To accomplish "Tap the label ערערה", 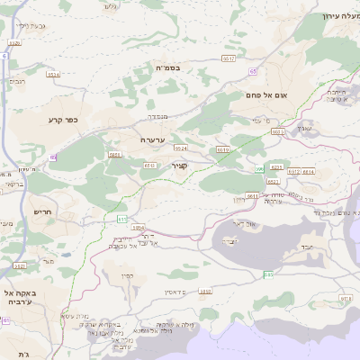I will click(x=151, y=139).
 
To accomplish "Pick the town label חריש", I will click(x=43, y=212).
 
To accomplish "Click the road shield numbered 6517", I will click(x=229, y=58).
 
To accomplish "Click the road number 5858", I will click(x=205, y=291).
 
